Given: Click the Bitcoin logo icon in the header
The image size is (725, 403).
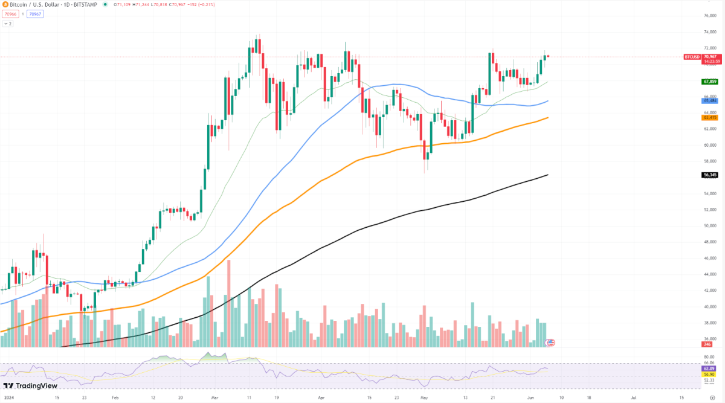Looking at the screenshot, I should [4, 4].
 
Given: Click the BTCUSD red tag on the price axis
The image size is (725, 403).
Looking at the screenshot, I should [692, 57].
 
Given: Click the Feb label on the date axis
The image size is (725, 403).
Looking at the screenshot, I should [115, 398].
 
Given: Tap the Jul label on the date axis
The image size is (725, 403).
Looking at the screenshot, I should [634, 398].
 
